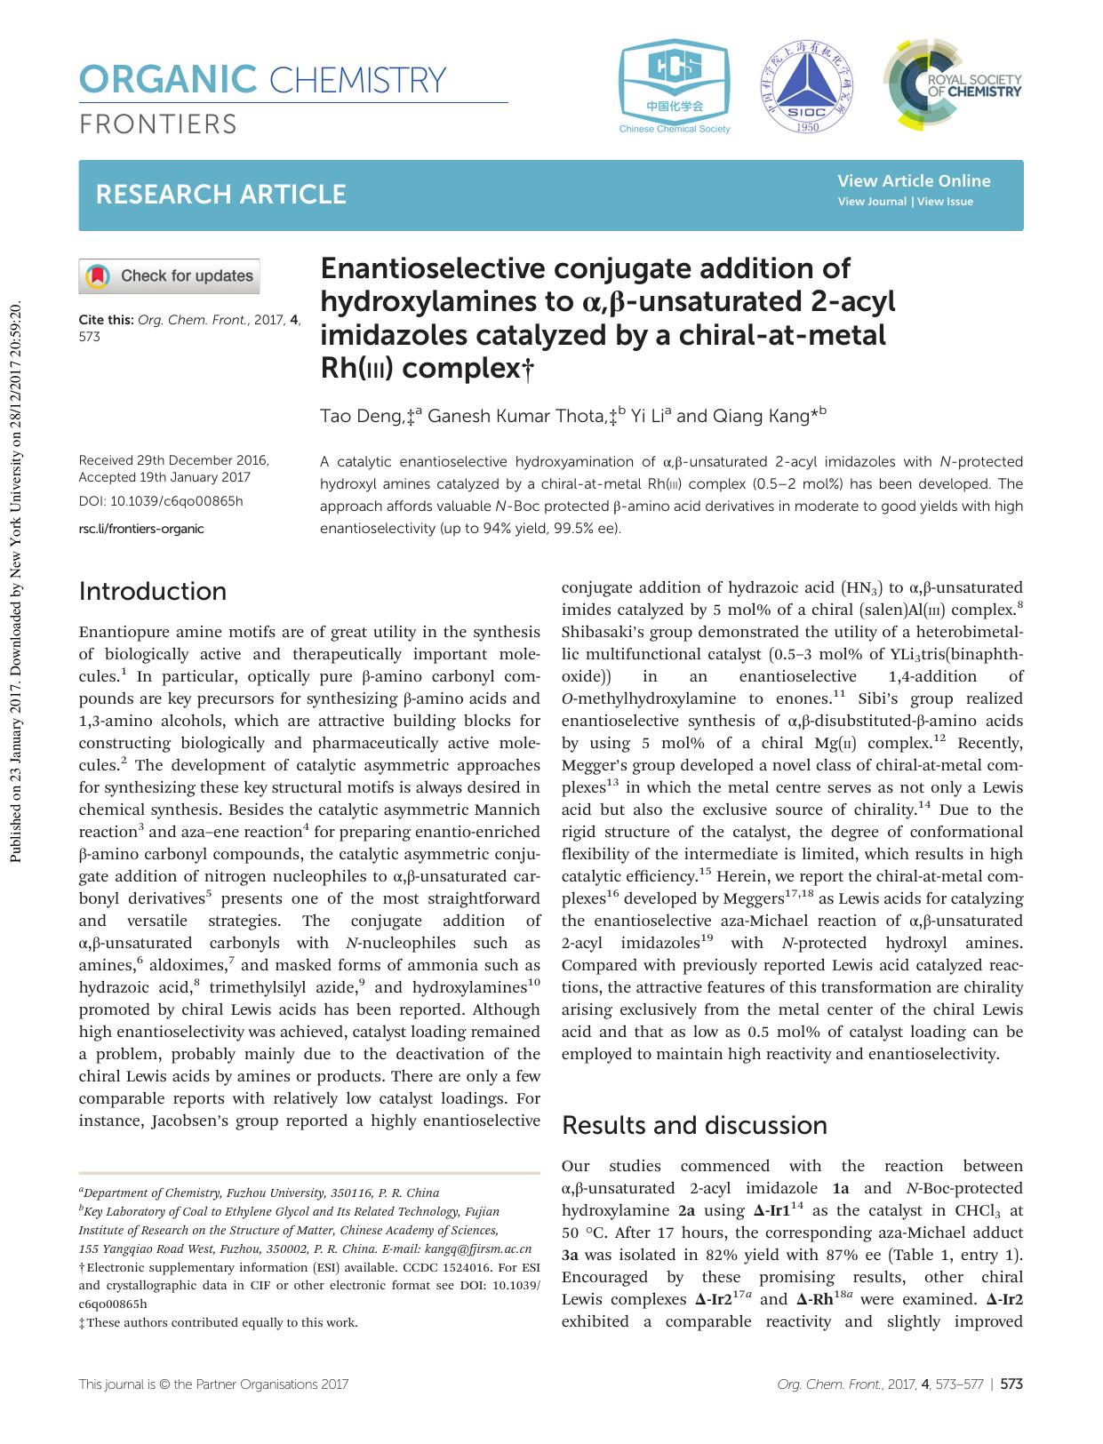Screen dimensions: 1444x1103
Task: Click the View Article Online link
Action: [914, 181]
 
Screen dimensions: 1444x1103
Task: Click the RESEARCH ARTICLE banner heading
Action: [221, 195]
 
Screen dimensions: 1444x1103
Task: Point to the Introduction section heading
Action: [153, 592]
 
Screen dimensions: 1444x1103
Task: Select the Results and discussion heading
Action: [695, 1126]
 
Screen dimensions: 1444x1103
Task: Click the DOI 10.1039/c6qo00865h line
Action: [161, 501]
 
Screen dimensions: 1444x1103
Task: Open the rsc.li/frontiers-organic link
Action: [141, 529]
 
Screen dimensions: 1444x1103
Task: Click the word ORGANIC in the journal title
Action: [168, 81]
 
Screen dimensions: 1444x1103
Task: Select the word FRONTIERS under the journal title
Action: [158, 124]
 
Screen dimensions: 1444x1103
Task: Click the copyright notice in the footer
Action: [213, 1384]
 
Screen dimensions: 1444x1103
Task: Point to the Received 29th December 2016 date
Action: [174, 460]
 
